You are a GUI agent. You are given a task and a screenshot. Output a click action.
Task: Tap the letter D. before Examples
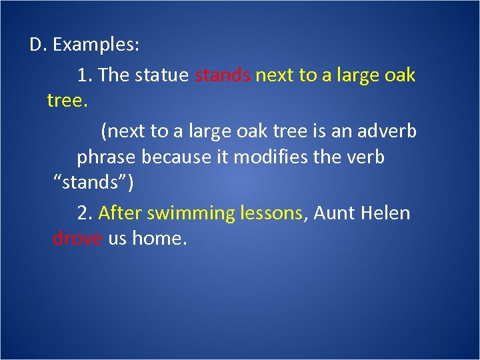[x=37, y=45]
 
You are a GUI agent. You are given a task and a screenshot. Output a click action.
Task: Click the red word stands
[x=223, y=75]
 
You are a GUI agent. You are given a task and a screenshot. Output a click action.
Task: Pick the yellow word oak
[x=399, y=75]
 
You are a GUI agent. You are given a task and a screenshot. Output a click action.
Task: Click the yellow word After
[x=120, y=213]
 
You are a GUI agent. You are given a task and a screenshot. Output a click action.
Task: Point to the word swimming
[x=190, y=213]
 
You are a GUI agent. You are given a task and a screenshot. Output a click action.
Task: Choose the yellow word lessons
[x=272, y=213]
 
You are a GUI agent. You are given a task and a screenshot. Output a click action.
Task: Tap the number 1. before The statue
[x=85, y=75]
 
